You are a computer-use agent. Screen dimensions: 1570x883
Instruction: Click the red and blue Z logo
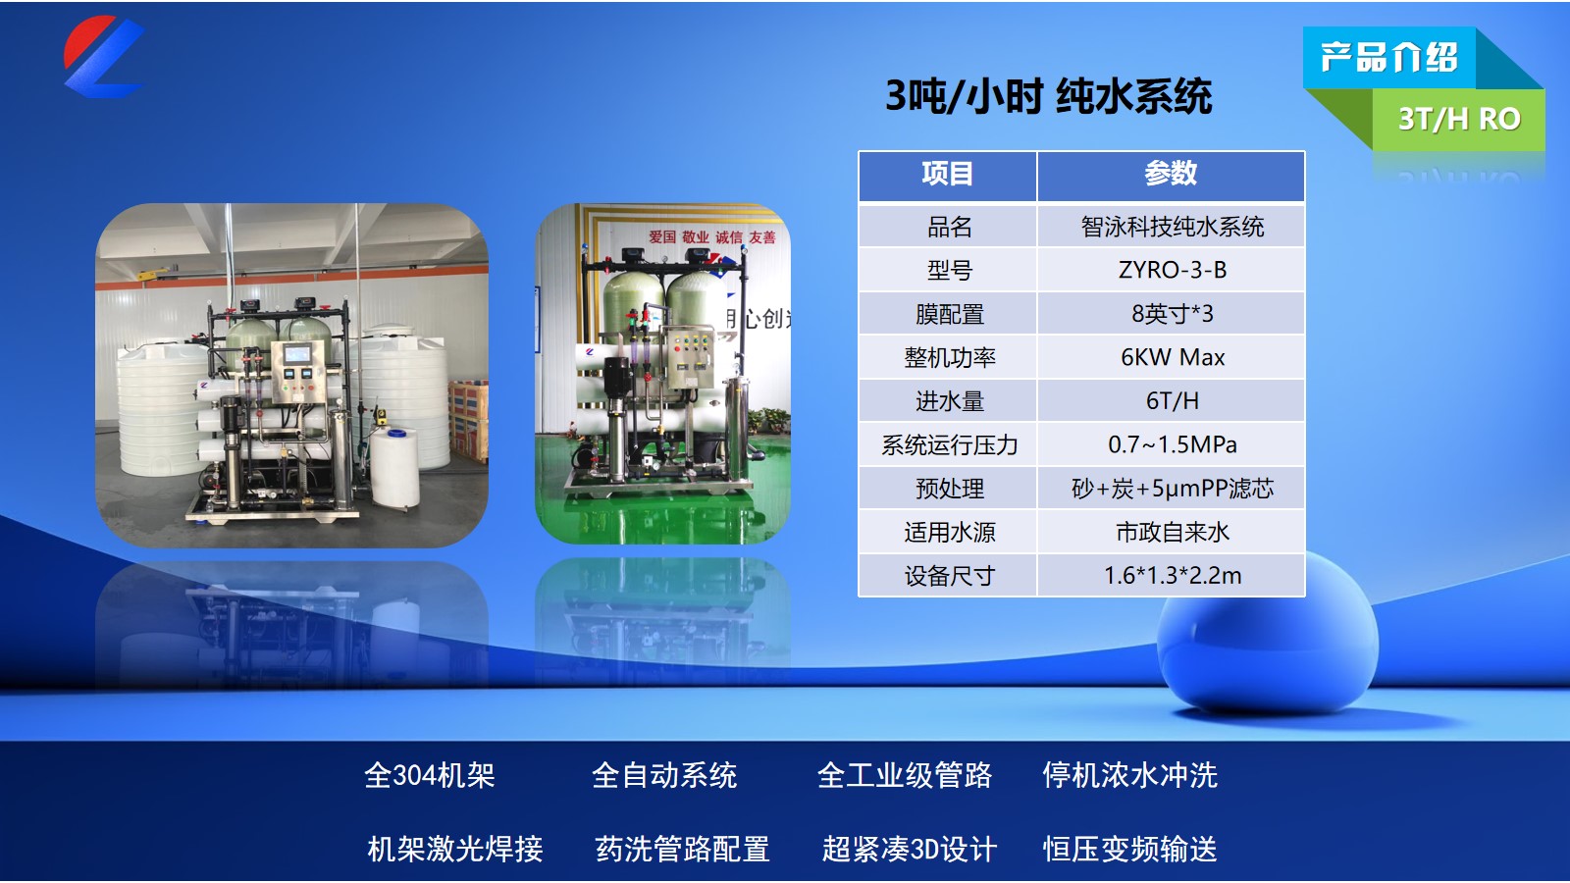[104, 56]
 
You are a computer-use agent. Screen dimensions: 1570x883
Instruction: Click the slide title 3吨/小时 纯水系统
[1048, 96]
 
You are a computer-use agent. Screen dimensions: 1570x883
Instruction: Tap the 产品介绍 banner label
[1388, 58]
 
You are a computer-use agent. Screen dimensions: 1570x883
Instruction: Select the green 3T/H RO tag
[1459, 119]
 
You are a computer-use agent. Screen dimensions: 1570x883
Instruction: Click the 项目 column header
[947, 173]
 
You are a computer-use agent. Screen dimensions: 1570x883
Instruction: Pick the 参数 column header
[1171, 173]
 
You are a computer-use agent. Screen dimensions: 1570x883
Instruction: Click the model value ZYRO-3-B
[1172, 270]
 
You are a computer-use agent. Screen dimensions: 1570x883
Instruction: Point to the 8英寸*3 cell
[1172, 313]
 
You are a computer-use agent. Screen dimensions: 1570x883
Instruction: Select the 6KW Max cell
[1172, 357]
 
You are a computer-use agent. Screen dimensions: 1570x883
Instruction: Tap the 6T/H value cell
[1172, 401]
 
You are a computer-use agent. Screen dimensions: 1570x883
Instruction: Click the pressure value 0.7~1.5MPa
[1172, 444]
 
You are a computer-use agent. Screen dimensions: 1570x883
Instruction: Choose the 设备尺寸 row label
[949, 576]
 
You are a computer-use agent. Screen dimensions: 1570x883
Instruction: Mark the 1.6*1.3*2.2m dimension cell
[1172, 576]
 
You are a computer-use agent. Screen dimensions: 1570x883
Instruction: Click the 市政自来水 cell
[1172, 532]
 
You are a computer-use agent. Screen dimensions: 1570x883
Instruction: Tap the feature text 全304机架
[429, 775]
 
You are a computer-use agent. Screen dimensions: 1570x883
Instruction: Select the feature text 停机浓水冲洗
[1129, 775]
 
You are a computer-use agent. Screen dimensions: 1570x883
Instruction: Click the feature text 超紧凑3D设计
[909, 849]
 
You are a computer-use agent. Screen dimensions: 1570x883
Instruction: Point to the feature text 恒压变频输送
[1129, 849]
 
